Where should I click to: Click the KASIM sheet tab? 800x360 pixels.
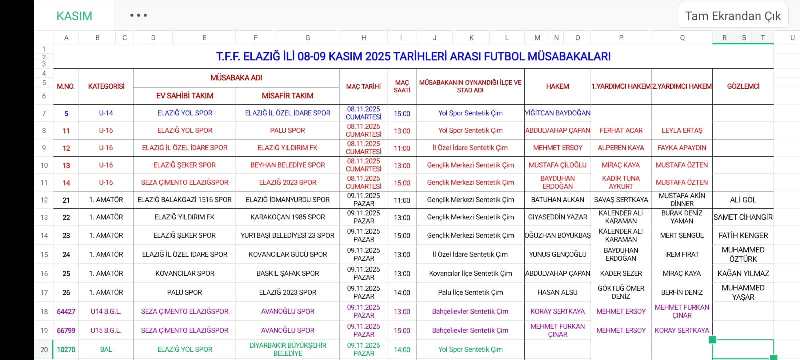click(74, 16)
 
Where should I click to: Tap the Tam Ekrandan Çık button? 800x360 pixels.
click(733, 16)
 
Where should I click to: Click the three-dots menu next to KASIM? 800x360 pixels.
click(138, 15)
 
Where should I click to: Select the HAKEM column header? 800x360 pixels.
click(557, 86)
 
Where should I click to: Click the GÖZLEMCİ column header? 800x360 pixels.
click(743, 86)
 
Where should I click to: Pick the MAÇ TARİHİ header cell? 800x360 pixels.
click(363, 86)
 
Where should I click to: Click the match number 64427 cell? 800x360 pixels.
click(66, 312)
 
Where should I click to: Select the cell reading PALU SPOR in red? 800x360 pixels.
click(287, 130)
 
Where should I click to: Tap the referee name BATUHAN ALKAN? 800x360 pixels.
click(557, 200)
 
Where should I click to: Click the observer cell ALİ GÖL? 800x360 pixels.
click(743, 200)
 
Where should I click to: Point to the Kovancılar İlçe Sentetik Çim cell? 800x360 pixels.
click(470, 273)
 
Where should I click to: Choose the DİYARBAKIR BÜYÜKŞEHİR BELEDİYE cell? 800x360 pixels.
click(287, 349)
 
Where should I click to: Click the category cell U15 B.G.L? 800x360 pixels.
click(106, 330)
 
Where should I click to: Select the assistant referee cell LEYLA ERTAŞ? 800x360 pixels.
click(682, 130)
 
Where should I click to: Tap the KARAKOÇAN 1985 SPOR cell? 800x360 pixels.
click(287, 217)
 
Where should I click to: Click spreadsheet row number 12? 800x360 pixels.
click(44, 200)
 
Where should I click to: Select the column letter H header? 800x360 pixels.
click(364, 38)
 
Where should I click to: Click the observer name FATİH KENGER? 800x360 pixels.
click(743, 235)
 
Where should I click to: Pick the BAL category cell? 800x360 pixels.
click(106, 349)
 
